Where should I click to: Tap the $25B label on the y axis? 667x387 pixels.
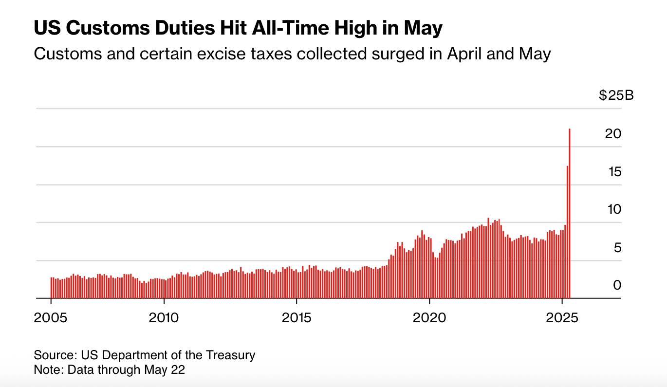pos(616,95)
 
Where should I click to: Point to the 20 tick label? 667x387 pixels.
pos(613,133)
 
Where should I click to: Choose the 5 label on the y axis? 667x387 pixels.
pos(617,248)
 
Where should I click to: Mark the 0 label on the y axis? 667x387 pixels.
pos(617,285)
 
